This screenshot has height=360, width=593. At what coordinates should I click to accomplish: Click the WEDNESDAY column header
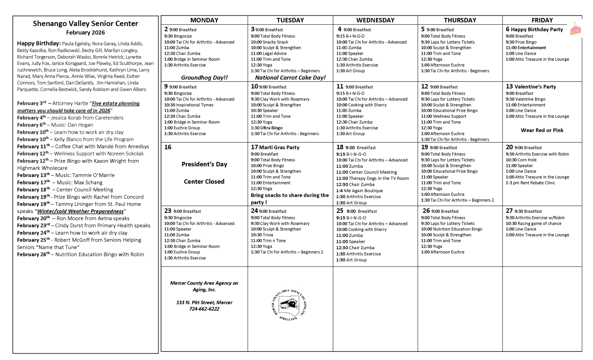point(375,20)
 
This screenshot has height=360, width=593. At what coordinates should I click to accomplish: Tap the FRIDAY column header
point(542,20)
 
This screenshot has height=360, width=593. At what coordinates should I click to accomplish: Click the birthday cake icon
point(575,29)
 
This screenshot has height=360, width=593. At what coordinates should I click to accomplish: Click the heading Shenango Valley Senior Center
point(86,23)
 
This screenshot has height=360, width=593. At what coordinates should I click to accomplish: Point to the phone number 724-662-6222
point(204,309)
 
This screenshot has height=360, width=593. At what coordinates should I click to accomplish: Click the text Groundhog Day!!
point(204,78)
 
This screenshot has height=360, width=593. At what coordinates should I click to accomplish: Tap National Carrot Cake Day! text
point(290,78)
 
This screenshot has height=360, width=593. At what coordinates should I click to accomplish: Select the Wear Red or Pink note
point(542,130)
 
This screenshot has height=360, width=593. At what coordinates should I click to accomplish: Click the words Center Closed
point(204,182)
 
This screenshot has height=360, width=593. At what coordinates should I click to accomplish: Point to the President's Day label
point(204,164)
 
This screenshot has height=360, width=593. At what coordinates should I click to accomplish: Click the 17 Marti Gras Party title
point(275,148)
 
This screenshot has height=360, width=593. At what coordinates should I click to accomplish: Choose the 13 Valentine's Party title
point(531,86)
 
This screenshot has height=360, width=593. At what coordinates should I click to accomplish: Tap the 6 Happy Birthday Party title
point(534,29)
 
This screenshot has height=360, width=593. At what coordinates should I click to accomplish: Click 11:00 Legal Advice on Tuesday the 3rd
point(268,53)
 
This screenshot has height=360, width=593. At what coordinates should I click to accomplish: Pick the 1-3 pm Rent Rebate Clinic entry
point(530,183)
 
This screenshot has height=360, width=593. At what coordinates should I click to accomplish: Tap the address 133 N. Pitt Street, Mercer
point(204,303)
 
